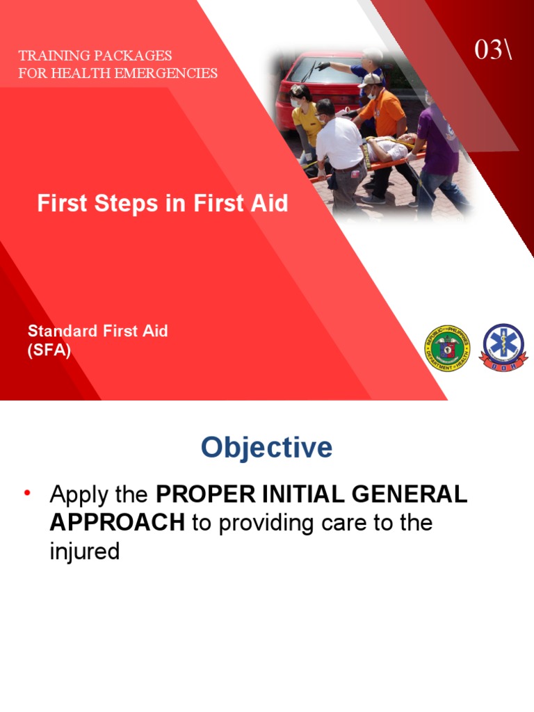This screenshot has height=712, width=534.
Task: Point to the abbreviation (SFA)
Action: [x=49, y=350]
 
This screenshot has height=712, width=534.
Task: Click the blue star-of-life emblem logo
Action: [x=504, y=347]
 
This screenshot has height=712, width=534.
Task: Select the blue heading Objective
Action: [x=266, y=448]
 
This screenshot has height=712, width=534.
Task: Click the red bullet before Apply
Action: [x=28, y=494]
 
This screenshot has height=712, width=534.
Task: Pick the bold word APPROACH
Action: [x=118, y=523]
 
